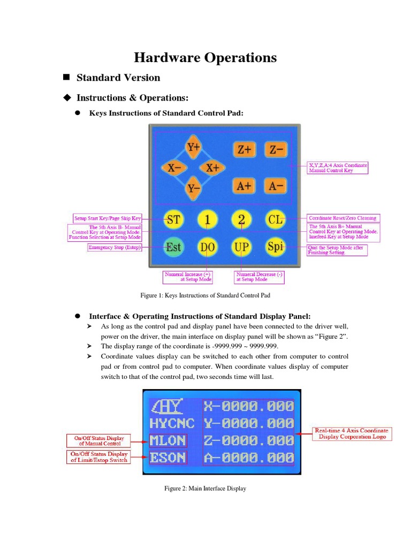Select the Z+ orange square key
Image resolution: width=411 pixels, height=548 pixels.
click(245, 150)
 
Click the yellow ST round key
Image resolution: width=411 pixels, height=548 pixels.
click(173, 219)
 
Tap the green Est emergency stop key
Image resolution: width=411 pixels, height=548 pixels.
click(173, 247)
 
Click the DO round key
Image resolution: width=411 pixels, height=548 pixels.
click(208, 247)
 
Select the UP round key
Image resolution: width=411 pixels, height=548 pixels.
click(242, 247)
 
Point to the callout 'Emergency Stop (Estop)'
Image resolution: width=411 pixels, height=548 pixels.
click(115, 248)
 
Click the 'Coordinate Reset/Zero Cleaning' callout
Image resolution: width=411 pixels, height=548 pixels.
click(342, 218)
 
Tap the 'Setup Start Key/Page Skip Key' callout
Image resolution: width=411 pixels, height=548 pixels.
click(108, 218)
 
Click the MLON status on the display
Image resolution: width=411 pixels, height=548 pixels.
click(168, 441)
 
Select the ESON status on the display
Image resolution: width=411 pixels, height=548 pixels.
click(168, 458)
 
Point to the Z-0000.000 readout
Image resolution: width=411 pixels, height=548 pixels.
click(248, 440)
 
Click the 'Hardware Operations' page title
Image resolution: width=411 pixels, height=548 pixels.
click(205, 57)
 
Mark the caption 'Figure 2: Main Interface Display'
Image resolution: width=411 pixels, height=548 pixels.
click(205, 488)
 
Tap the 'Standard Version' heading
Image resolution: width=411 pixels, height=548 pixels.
click(118, 78)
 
